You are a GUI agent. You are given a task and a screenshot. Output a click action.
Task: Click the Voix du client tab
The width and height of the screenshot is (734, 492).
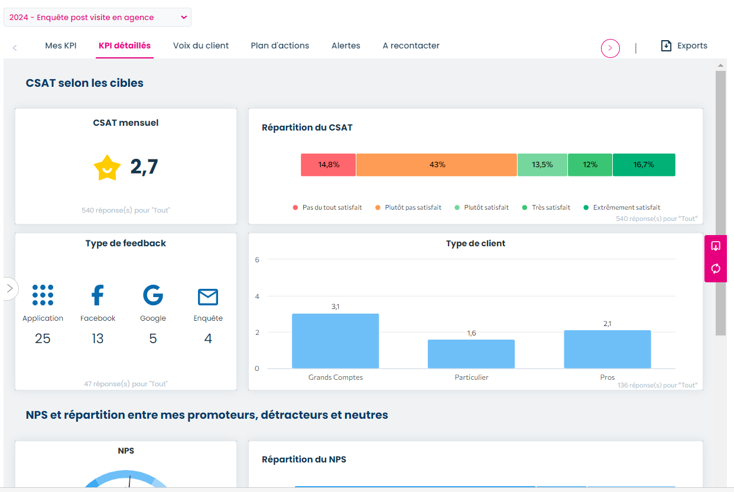click(200, 45)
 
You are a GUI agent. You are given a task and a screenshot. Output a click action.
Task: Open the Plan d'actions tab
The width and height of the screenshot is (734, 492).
click(280, 45)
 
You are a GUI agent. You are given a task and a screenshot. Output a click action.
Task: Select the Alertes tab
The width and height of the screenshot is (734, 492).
click(346, 45)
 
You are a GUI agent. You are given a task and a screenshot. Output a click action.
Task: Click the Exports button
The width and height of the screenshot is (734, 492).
click(684, 45)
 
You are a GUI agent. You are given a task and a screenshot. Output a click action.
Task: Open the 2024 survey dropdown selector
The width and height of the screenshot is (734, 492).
click(98, 17)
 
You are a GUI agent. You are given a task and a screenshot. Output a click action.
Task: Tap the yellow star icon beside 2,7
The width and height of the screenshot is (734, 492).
click(107, 168)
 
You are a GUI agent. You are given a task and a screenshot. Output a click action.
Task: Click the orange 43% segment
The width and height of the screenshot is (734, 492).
click(437, 165)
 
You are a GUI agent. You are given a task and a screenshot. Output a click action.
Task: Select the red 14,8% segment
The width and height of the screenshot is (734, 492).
click(328, 165)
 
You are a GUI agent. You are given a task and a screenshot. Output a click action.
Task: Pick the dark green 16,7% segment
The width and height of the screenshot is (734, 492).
click(644, 165)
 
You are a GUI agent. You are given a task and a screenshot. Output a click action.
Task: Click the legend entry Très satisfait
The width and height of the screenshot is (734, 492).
click(550, 207)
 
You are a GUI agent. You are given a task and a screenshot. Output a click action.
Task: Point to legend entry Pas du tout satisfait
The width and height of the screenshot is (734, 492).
click(332, 207)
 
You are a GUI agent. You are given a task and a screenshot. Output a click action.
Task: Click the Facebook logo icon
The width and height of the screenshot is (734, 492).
click(98, 295)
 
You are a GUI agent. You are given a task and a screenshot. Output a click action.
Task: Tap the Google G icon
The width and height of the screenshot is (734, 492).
click(153, 295)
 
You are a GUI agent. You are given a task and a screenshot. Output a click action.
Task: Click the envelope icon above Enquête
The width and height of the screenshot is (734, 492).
click(208, 297)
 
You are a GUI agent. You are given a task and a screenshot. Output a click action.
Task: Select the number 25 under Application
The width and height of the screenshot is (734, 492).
click(43, 338)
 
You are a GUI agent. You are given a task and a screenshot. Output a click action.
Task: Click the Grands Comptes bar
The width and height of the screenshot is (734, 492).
click(335, 341)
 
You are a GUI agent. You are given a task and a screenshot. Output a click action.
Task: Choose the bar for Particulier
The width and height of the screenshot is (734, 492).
click(471, 354)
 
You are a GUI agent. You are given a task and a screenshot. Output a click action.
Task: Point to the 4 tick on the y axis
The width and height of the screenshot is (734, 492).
click(257, 296)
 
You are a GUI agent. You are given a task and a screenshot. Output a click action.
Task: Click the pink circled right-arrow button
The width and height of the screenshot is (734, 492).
click(610, 48)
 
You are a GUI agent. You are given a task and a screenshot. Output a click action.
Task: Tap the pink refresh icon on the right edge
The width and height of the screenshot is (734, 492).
click(716, 269)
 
